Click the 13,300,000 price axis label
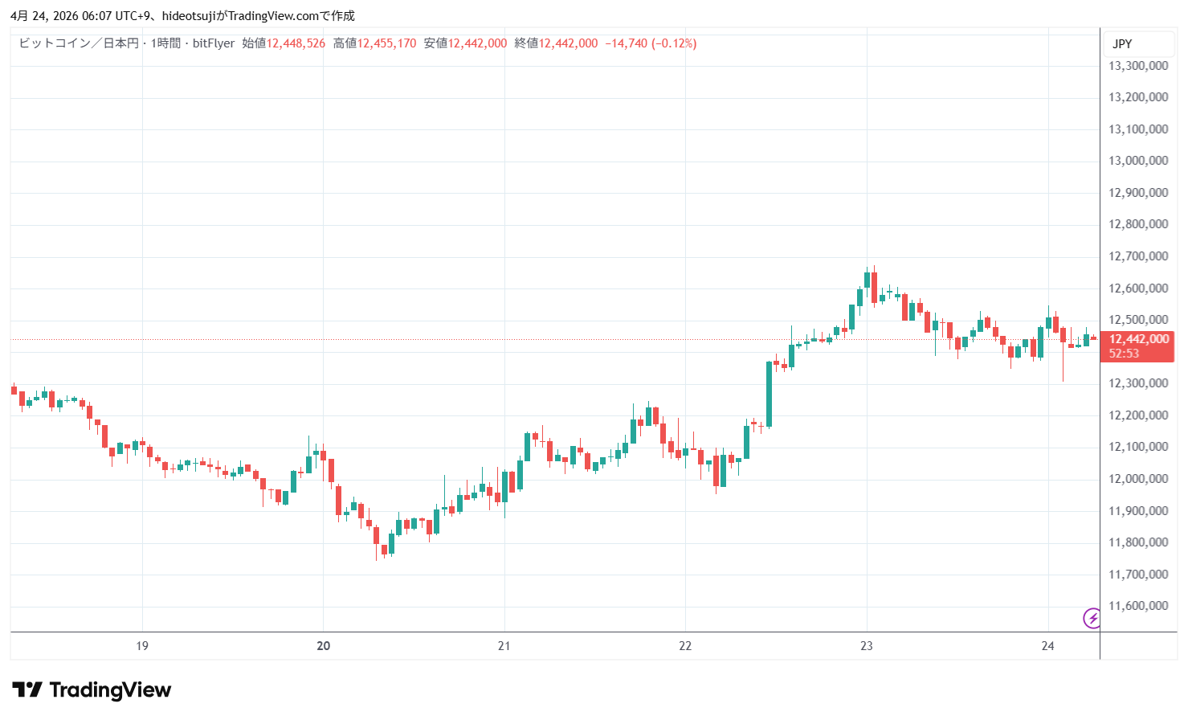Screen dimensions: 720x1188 (1137, 66)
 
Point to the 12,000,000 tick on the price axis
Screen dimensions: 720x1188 (1137, 479)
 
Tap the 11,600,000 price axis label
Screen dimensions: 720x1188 (1137, 606)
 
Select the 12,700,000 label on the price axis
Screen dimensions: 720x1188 (1137, 256)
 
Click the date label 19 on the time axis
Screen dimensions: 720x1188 (142, 646)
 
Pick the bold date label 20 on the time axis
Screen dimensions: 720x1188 (324, 646)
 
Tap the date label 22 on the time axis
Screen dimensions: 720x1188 (685, 646)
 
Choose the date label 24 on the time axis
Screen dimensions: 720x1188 (1047, 646)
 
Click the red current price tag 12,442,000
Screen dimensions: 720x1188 (1138, 339)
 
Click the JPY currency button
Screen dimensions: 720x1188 (1122, 44)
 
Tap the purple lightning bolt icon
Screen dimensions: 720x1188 (1092, 618)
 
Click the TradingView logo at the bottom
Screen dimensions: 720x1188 (92, 690)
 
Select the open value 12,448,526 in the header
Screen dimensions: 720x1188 (296, 43)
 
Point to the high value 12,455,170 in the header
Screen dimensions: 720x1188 (386, 43)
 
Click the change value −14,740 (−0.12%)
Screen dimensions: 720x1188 (651, 43)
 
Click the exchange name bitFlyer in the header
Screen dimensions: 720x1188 (214, 43)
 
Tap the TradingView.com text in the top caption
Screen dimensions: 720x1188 (273, 16)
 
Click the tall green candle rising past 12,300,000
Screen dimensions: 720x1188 (769, 394)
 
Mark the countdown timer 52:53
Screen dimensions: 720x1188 (1124, 354)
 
